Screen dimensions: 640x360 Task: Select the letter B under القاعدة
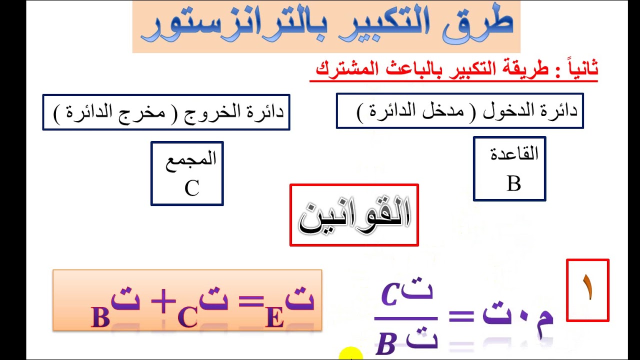pos(513,183)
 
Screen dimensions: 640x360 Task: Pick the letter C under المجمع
pos(191,188)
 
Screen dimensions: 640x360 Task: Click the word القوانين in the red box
pos(354,216)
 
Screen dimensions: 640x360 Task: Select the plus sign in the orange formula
pos(163,301)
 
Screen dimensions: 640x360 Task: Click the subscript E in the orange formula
pos(274,317)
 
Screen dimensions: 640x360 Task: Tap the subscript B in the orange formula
pos(100,317)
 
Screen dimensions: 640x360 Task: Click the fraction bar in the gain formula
pos(406,318)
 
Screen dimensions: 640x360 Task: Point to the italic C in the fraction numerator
pos(389,294)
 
